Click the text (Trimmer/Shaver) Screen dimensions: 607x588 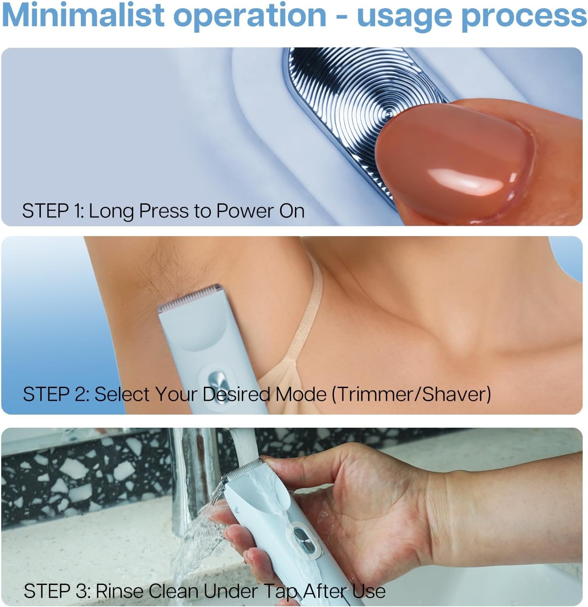click(411, 395)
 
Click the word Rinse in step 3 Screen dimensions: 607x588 click(120, 591)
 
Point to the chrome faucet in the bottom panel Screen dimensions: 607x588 click(192, 482)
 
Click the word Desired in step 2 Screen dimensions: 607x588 click(237, 395)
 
